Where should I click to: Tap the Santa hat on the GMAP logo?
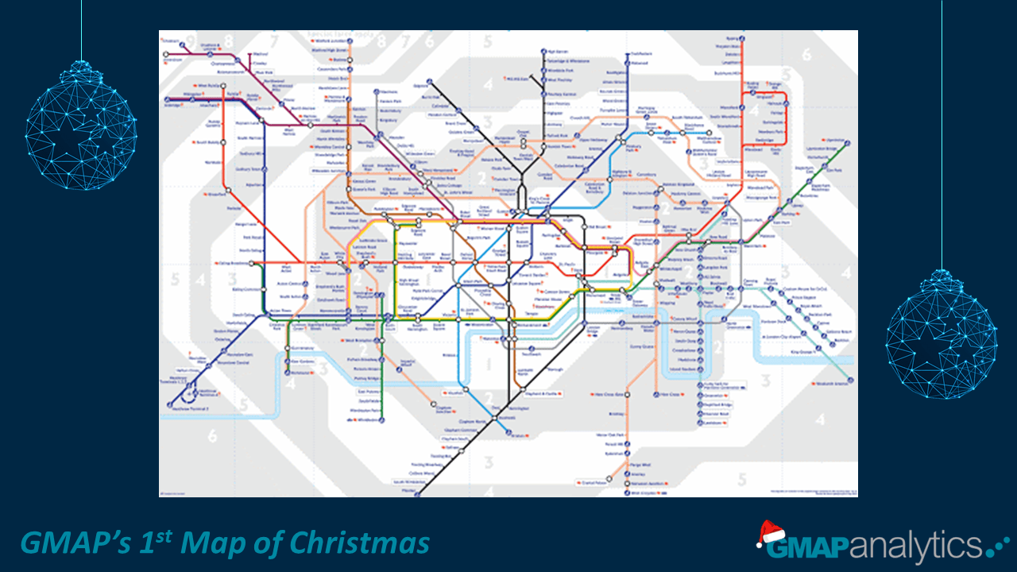click(x=768, y=532)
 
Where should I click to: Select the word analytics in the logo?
click(x=914, y=547)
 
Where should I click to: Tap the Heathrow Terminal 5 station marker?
click(x=169, y=405)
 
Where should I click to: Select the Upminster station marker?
click(x=848, y=143)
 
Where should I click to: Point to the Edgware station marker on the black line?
click(x=428, y=82)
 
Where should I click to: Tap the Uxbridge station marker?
click(x=164, y=101)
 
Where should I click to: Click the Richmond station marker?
click(x=287, y=372)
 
